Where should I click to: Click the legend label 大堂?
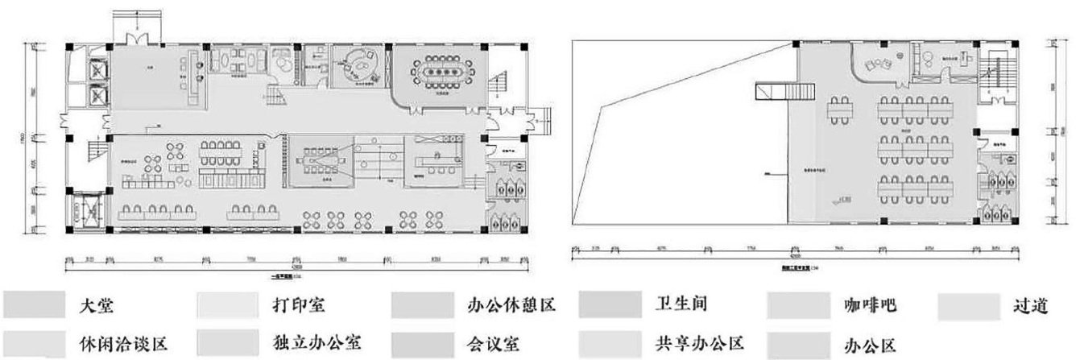point(97,306)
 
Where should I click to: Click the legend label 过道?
point(1032,306)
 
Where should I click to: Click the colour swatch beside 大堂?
point(34,306)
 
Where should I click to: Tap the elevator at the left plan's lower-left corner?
point(84,210)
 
